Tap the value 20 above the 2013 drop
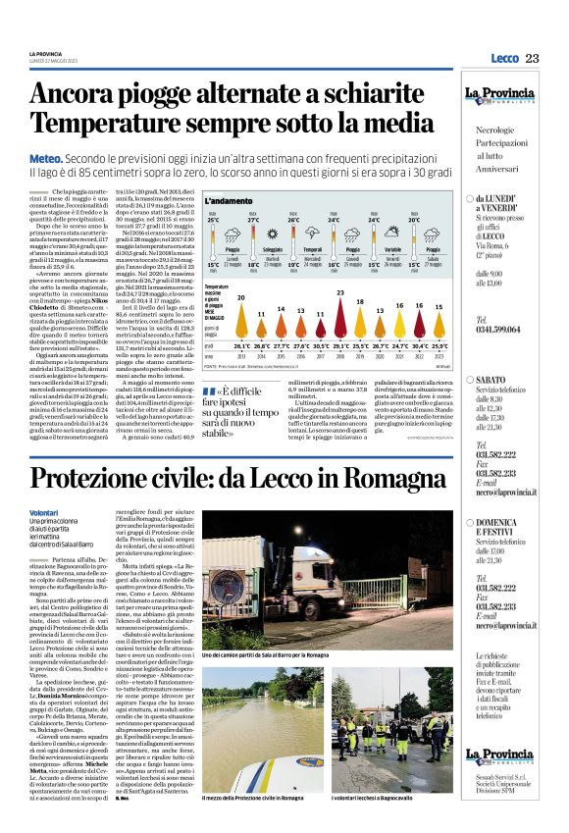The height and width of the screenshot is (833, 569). pos(240,297)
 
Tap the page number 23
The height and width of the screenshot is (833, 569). pos(533,59)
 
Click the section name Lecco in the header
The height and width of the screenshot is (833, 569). pos(503,59)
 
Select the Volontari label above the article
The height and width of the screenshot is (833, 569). pos(45,513)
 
